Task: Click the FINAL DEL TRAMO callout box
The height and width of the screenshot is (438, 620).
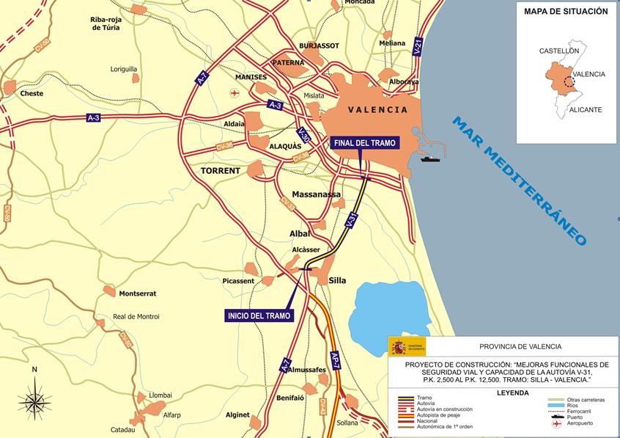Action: [x=364, y=142]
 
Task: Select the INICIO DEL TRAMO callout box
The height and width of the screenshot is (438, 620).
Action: [x=259, y=315]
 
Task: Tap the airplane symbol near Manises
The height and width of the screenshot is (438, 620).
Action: [x=235, y=92]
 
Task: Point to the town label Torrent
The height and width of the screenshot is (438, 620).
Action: [x=221, y=170]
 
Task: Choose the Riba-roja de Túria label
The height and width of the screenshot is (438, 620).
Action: [x=106, y=23]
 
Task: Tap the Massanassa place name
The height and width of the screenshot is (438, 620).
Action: [x=317, y=194]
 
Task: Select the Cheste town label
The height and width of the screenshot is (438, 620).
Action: [x=32, y=94]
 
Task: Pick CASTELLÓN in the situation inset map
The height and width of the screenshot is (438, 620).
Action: [x=558, y=51]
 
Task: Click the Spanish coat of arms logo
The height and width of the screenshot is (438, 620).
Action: [x=397, y=346]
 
